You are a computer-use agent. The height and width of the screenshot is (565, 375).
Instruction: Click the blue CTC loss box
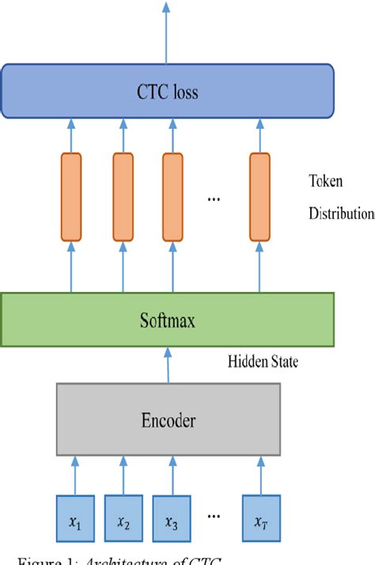click(166, 92)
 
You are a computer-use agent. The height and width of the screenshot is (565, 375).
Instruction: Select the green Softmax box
click(167, 319)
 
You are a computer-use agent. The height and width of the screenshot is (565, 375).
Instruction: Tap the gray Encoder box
click(168, 420)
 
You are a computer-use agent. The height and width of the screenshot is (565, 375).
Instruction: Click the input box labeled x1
click(75, 518)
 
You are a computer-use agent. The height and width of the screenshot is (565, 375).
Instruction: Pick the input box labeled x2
click(123, 518)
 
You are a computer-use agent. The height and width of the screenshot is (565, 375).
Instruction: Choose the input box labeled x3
click(172, 518)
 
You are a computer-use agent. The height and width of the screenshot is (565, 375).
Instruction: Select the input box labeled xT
click(262, 518)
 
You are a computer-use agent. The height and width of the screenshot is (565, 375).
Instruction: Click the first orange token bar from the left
click(71, 196)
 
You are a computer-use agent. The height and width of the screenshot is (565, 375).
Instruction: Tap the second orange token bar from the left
click(123, 196)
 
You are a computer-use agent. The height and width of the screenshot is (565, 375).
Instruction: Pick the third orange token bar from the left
click(172, 196)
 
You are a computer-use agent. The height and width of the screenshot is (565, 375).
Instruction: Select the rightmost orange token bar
click(260, 196)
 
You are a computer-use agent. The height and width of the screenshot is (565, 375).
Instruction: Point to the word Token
click(325, 181)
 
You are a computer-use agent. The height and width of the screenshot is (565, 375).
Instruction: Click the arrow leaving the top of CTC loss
click(166, 32)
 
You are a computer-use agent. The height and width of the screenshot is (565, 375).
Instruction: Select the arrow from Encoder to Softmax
click(167, 364)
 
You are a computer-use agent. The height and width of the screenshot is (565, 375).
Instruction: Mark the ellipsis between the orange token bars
click(213, 199)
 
